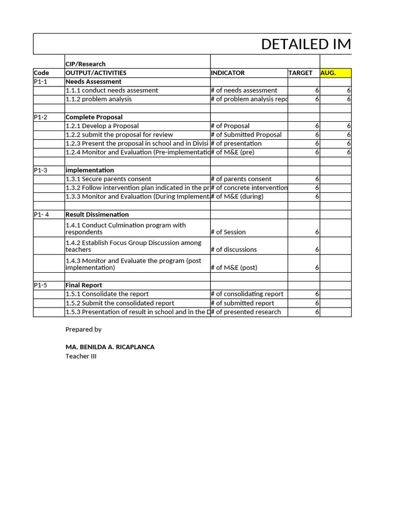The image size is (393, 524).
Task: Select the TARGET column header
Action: (x=300, y=73)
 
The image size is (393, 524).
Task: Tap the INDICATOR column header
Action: (x=228, y=73)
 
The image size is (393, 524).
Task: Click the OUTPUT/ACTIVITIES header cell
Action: (x=96, y=73)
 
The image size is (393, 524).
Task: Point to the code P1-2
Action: (x=41, y=117)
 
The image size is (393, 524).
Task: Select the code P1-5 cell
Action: (x=41, y=285)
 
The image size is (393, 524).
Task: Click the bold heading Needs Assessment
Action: (x=94, y=81)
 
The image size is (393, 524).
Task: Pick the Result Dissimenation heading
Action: (x=97, y=214)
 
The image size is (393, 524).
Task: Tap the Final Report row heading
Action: (x=84, y=285)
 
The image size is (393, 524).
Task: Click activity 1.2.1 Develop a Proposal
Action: (x=102, y=126)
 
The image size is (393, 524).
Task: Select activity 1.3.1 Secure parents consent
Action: (x=108, y=179)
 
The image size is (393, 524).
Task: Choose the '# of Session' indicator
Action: (x=228, y=232)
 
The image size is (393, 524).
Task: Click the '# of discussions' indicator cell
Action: (x=234, y=250)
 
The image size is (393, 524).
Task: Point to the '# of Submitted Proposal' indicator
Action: (x=246, y=135)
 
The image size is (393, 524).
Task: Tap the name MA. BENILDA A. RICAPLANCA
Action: (x=110, y=347)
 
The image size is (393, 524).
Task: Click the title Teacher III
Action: (x=81, y=356)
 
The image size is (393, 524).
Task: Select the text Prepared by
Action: (x=83, y=330)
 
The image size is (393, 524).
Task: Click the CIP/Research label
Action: (x=85, y=64)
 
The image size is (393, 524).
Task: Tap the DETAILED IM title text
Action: (x=306, y=45)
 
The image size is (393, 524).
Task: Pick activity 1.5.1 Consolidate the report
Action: (x=107, y=294)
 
